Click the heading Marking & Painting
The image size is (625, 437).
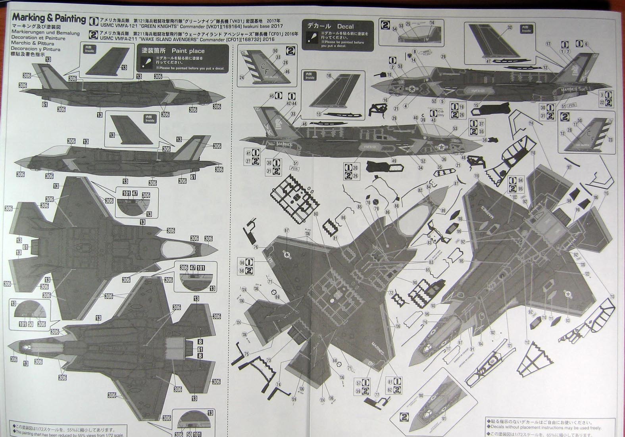tap(49, 18)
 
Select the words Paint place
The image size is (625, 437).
tap(188, 51)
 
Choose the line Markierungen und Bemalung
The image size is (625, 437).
tap(45, 33)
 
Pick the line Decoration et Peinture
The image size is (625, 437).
tap(38, 38)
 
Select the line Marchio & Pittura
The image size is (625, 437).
tap(33, 44)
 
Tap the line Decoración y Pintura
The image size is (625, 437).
tap(36, 49)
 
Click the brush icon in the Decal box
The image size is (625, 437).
tap(313, 38)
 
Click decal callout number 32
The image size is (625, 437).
tap(509, 28)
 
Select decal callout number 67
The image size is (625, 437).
tap(286, 230)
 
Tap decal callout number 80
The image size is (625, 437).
tap(315, 214)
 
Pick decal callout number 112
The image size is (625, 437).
tap(527, 342)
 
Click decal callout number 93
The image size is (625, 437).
tap(567, 320)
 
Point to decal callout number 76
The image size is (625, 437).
tap(256, 247)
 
